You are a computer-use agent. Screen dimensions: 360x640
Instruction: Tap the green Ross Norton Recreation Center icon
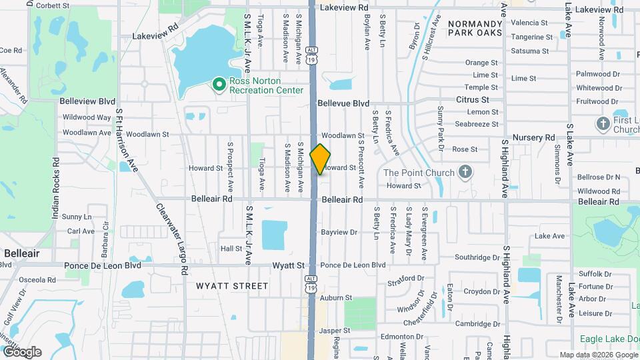[218, 85]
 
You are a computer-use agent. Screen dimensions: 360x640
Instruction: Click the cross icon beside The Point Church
[466, 173]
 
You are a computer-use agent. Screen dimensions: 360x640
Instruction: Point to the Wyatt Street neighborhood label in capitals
[232, 286]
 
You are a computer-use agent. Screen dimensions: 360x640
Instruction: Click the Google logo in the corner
[21, 352]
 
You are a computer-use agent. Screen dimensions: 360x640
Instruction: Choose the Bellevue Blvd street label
[343, 103]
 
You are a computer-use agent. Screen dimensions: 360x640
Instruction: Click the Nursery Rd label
[535, 137]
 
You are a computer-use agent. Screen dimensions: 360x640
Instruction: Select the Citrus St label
[473, 99]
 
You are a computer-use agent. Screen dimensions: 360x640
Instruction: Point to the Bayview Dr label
[339, 233]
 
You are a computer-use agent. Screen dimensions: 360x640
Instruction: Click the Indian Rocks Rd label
[56, 189]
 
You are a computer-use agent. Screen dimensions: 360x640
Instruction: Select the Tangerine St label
[529, 37]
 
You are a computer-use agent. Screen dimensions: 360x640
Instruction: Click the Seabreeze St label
[476, 124]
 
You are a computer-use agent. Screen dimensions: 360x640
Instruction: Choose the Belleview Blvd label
[87, 101]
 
